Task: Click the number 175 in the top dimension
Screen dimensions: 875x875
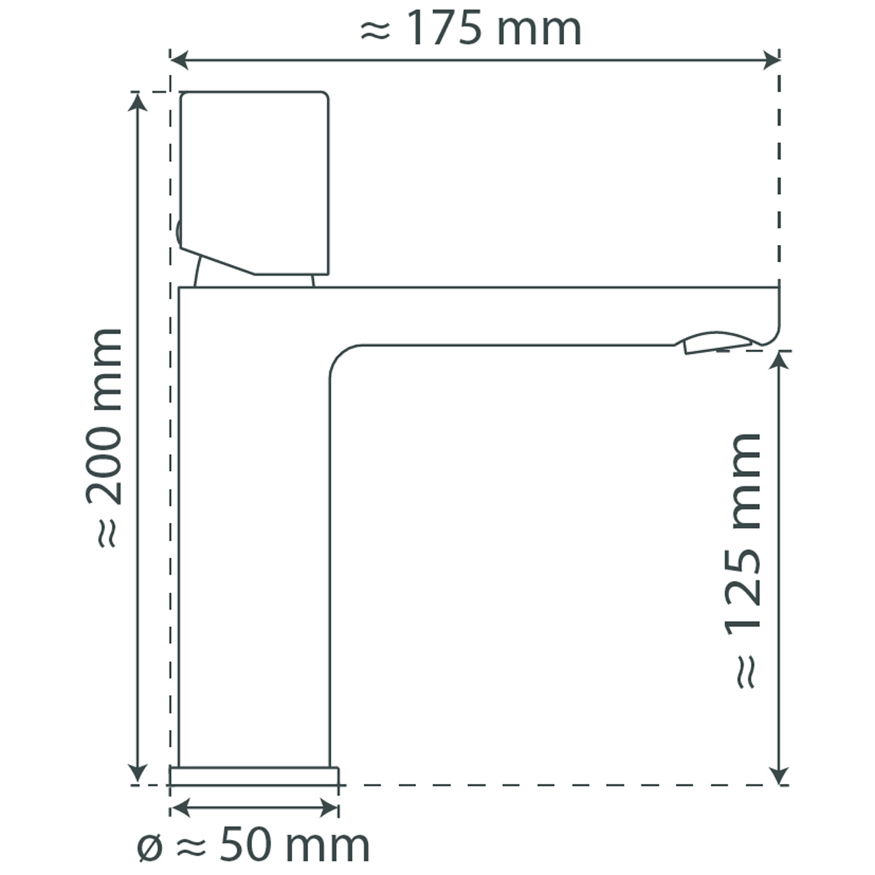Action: (x=444, y=28)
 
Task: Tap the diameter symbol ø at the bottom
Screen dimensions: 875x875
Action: (x=150, y=848)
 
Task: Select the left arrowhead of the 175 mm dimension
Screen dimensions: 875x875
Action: (x=179, y=61)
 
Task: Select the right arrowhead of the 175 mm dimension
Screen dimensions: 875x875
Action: (x=771, y=61)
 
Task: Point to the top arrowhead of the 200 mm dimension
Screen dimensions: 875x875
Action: (x=138, y=101)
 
